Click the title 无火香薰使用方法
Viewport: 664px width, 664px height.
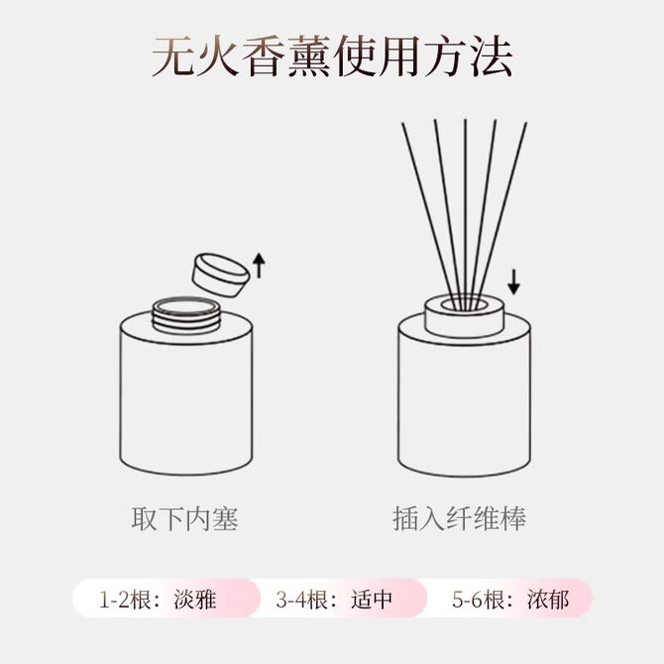tap(332, 56)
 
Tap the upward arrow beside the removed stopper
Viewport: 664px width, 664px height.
tap(259, 266)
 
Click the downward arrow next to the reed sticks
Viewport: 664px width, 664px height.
tap(513, 282)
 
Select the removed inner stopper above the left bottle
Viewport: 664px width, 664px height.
tap(221, 276)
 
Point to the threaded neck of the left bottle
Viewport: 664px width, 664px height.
tap(186, 314)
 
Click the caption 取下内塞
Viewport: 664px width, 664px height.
tap(184, 518)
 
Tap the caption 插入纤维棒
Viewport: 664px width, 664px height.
tap(459, 518)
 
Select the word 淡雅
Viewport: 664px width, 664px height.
tap(195, 600)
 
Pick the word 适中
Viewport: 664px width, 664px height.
tap(372, 600)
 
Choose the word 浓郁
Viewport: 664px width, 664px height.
tap(548, 600)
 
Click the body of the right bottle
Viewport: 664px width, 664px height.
tap(465, 402)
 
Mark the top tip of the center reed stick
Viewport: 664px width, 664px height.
tap(466, 119)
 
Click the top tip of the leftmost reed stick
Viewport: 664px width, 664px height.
tap(402, 123)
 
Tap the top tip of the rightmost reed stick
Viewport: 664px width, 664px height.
tap(526, 123)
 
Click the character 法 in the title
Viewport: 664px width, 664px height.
tap(492, 56)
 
